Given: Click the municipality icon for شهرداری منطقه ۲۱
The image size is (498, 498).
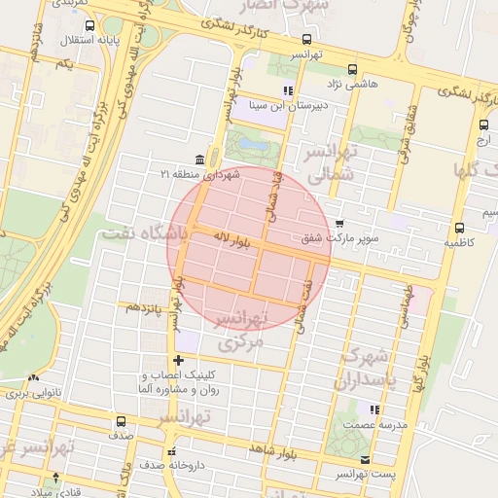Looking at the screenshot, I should pyautogui.click(x=199, y=159).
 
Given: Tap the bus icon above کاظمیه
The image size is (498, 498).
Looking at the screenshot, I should pyautogui.click(x=458, y=229).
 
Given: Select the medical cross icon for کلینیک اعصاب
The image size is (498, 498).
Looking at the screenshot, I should pyautogui.click(x=177, y=361).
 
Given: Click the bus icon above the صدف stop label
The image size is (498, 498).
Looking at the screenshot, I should pyautogui.click(x=121, y=422).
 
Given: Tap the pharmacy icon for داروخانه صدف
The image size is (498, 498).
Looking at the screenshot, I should pyautogui.click(x=172, y=451).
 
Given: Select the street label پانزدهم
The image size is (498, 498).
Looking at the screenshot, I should pyautogui.click(x=143, y=306).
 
